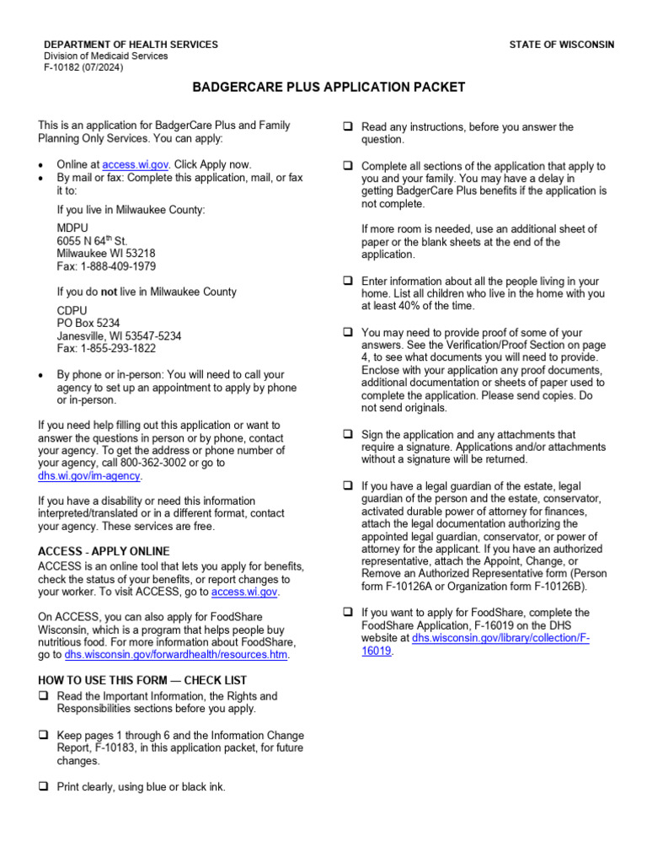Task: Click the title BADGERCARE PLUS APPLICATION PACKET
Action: tap(329, 88)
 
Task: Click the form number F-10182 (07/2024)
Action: tap(83, 67)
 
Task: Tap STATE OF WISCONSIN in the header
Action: tap(561, 45)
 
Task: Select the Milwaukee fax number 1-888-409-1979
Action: tap(105, 266)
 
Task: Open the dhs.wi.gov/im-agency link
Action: tap(90, 476)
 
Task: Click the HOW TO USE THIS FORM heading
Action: tap(143, 680)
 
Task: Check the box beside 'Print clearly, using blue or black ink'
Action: tap(43, 787)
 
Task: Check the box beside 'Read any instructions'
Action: tap(347, 126)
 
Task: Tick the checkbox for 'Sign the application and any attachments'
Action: tap(347, 434)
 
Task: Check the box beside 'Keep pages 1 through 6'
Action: tap(43, 736)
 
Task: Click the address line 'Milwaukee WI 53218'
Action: tap(106, 254)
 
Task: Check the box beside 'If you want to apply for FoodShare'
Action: tap(347, 613)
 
